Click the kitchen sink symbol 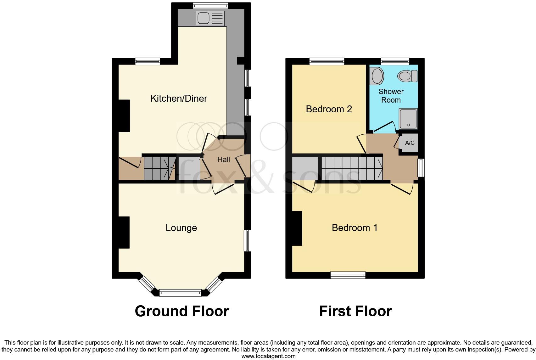210,18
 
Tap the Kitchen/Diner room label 179,98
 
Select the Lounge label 181,228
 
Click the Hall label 224,160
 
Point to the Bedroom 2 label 329,109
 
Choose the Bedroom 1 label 355,228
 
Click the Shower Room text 391,96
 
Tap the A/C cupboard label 410,143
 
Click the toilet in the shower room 407,76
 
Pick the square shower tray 408,119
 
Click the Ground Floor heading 182,311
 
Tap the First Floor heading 355,311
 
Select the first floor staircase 352,168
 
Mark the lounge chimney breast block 124,232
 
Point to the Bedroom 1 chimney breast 297,228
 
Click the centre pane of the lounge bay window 180,293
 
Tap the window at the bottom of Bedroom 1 348,275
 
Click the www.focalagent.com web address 268,356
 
